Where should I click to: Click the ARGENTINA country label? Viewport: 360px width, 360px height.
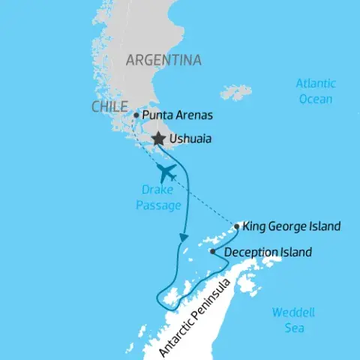pyautogui.click(x=163, y=60)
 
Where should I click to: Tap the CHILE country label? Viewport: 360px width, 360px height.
pyautogui.click(x=109, y=107)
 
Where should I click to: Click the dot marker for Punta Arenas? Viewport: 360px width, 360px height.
pyautogui.click(x=136, y=115)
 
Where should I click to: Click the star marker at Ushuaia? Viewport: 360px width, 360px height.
pyautogui.click(x=158, y=139)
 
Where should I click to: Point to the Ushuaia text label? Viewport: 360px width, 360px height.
pyautogui.click(x=190, y=139)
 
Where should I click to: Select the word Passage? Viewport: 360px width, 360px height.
pyautogui.click(x=158, y=205)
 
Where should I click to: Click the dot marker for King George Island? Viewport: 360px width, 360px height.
pyautogui.click(x=237, y=226)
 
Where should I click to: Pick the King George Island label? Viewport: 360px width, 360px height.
pyautogui.click(x=292, y=226)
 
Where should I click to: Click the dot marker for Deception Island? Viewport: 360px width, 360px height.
pyautogui.click(x=213, y=252)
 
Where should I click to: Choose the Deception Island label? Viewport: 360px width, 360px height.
pyautogui.click(x=268, y=253)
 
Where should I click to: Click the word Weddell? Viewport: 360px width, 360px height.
pyautogui.click(x=293, y=313)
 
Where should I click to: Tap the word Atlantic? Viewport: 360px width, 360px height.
pyautogui.click(x=316, y=84)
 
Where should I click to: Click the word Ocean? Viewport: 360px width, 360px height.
pyautogui.click(x=316, y=98)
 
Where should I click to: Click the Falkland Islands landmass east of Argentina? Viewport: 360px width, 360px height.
pyautogui.click(x=236, y=93)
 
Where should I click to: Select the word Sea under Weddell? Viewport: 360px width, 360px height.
pyautogui.click(x=293, y=327)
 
